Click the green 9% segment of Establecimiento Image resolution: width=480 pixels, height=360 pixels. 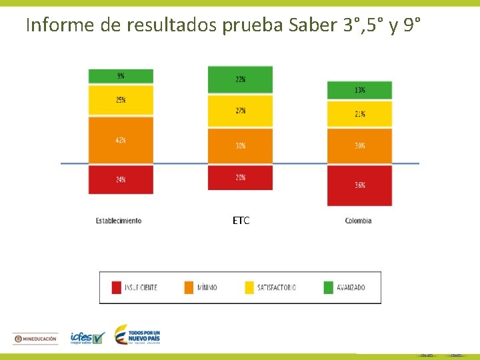pos(121,76)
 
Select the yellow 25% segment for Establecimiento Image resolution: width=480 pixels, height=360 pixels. pos(121,100)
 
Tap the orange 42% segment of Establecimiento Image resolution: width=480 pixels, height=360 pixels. pos(121,140)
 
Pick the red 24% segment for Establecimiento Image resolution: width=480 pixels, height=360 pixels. pos(121,179)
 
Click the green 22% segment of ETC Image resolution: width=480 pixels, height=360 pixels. pos(240,79)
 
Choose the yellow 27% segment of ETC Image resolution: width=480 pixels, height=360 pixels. pos(240,111)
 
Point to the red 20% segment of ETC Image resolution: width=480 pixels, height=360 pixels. pos(240,177)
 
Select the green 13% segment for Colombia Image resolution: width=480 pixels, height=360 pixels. pos(359,90)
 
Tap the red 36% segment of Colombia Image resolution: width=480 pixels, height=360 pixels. pos(359,185)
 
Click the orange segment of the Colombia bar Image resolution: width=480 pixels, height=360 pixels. pos(359,145)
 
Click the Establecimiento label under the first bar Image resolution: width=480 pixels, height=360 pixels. pos(119,221)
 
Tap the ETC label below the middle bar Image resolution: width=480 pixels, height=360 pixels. pos(241,221)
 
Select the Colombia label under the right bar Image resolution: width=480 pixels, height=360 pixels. pos(358,221)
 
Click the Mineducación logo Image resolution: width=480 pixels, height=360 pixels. pos(36,339)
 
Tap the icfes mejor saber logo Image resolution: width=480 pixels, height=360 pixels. pos(87,338)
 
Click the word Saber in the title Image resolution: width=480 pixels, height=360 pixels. pos(314,25)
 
